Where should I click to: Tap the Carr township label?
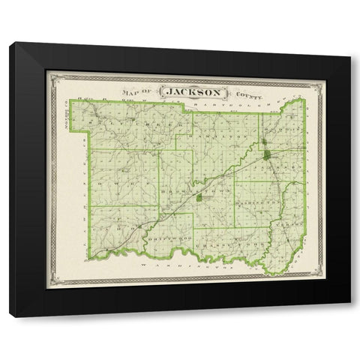(112, 225)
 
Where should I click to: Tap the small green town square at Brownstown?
(198, 199)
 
